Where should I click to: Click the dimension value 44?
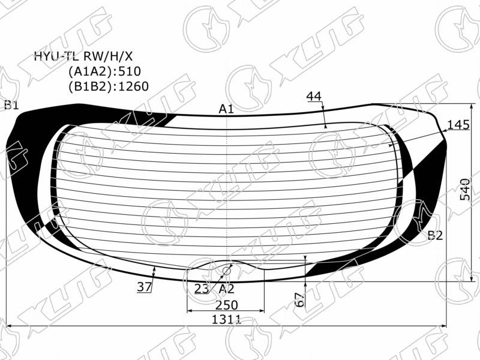(x=314, y=96)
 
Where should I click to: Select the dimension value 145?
(x=458, y=125)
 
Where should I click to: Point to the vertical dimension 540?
(x=465, y=189)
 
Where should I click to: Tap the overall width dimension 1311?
(x=227, y=320)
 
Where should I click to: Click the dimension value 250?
(x=227, y=305)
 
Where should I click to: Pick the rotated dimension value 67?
(x=301, y=299)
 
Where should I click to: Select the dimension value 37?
(x=144, y=287)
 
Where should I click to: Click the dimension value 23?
(x=202, y=289)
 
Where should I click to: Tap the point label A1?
(x=227, y=109)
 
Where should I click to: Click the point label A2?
(x=227, y=289)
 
